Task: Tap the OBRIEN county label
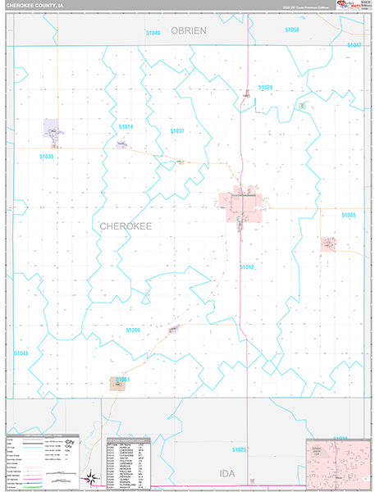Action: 189,30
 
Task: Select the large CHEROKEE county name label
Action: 126,225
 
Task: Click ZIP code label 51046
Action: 153,33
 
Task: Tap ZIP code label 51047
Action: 354,45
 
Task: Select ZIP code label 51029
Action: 264,87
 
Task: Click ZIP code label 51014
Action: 125,127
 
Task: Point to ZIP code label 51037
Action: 178,131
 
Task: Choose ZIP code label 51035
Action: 46,156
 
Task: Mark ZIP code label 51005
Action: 349,215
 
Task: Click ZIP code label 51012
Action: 248,266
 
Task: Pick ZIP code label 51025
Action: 239,449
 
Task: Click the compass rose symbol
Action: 89,475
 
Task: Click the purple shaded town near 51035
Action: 54,129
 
